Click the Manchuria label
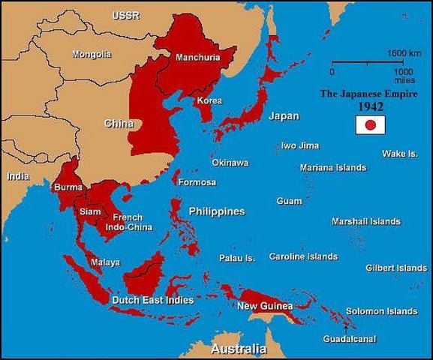(197, 57)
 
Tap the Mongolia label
(92, 54)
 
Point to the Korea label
(209, 100)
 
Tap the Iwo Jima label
(299, 145)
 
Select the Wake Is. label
(400, 154)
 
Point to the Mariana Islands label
(333, 167)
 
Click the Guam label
(289, 201)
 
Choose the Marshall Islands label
(366, 221)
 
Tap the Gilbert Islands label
(396, 268)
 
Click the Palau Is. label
(237, 258)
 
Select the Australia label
(239, 349)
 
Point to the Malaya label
(105, 262)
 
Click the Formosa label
(197, 182)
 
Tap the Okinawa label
(230, 162)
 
